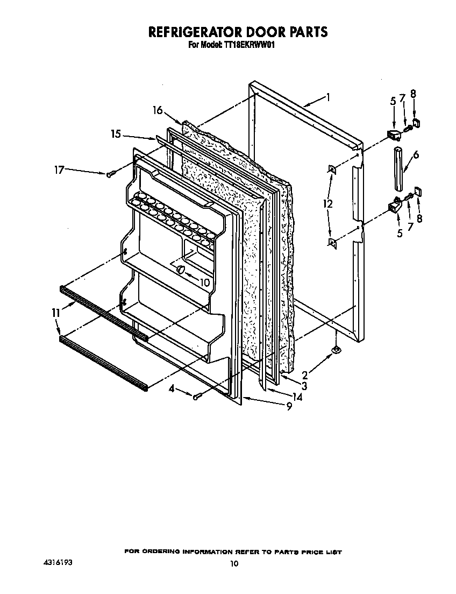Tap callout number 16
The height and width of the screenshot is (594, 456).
[158, 110]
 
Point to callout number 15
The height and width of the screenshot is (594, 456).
[116, 135]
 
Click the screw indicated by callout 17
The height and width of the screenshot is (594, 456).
[111, 174]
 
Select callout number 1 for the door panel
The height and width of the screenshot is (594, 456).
[327, 98]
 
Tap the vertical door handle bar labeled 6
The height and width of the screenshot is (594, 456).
[398, 167]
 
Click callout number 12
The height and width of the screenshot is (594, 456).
[327, 204]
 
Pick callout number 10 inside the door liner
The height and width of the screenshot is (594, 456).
[204, 282]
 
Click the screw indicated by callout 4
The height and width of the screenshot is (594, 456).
[197, 397]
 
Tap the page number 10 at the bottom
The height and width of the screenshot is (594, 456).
[233, 564]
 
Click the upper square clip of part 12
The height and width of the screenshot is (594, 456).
[333, 170]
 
